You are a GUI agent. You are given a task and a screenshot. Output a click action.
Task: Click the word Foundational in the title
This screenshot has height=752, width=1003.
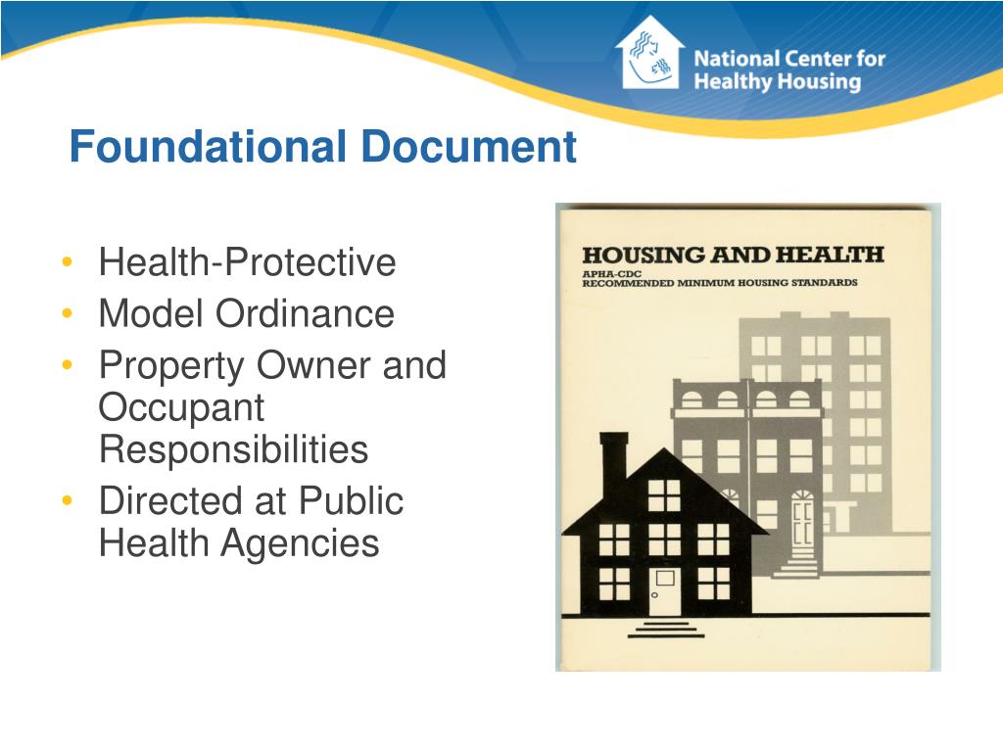point(207,148)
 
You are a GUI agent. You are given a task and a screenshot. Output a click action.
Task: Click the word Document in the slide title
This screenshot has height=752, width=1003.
point(467,148)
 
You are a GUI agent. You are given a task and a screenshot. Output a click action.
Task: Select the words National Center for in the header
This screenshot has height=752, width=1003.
point(789,58)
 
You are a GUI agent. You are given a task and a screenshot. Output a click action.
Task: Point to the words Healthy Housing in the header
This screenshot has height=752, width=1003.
point(777,82)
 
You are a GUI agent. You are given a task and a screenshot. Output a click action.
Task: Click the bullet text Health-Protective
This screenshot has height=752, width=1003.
point(247,262)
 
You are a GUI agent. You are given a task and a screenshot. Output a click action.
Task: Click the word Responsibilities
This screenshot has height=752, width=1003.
point(233,449)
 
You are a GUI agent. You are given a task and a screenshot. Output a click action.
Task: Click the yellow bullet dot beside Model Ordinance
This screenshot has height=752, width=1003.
point(66,314)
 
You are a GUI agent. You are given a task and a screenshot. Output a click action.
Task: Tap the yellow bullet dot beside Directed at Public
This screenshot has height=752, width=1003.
point(66,501)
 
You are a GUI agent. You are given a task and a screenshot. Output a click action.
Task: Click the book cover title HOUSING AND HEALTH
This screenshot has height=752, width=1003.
point(733,255)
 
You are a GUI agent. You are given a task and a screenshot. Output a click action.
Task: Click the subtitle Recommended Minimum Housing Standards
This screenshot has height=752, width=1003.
point(720,283)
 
